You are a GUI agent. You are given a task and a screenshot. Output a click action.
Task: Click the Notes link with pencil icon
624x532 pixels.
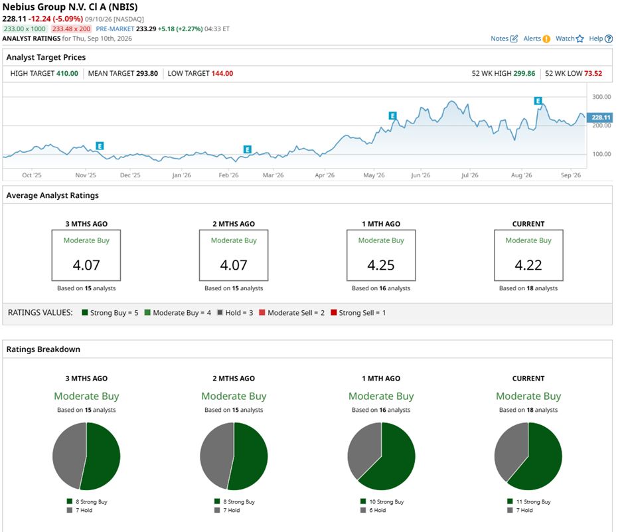[504, 39]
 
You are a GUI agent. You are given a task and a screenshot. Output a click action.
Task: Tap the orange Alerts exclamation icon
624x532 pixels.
[546, 39]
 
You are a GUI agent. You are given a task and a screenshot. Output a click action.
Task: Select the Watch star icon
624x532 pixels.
[580, 39]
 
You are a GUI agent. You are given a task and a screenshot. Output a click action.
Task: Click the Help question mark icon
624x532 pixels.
[609, 39]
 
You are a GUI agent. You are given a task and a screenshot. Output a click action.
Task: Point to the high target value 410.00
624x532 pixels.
[67, 73]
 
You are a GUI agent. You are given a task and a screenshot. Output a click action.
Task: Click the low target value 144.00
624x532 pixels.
[222, 73]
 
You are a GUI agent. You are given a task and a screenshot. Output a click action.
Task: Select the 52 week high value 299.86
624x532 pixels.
[524, 73]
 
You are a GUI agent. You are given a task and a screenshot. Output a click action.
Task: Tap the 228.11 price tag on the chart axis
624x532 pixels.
[600, 118]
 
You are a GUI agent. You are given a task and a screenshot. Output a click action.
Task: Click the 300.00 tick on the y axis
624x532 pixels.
[601, 97]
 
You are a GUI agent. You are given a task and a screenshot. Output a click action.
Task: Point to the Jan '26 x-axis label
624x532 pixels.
[181, 175]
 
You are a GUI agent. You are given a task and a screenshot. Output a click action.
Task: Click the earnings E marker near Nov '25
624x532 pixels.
[100, 146]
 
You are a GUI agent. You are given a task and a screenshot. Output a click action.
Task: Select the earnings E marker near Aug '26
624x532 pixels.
[538, 101]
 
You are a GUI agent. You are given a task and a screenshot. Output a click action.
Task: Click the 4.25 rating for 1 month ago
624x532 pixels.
[381, 265]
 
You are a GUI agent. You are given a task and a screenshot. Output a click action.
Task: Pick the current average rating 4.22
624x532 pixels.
[528, 265]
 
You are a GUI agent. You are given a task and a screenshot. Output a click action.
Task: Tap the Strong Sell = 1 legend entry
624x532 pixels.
[358, 313]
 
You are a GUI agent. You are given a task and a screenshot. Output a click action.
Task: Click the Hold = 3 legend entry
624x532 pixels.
[235, 313]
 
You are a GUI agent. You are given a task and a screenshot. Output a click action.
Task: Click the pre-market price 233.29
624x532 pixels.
[146, 29]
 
